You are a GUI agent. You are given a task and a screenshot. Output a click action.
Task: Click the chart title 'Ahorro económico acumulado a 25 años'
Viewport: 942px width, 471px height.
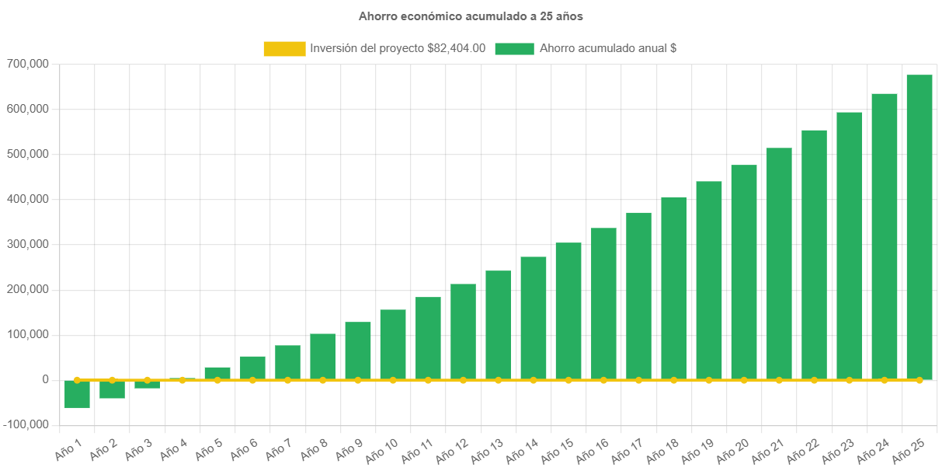pos(471,16)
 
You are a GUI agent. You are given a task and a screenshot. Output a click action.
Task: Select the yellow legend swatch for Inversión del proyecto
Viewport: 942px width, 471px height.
pos(284,49)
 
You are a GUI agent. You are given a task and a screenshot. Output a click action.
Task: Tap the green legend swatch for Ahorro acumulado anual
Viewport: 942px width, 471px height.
pos(514,49)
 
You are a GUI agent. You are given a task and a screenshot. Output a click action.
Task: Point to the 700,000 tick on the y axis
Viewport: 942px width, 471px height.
pos(27,64)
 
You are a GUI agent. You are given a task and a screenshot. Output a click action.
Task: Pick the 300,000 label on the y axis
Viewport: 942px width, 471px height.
pos(27,244)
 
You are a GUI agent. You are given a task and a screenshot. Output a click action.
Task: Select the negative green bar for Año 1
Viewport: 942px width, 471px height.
pos(77,394)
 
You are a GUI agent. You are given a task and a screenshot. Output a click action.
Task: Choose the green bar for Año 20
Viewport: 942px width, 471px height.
pos(744,272)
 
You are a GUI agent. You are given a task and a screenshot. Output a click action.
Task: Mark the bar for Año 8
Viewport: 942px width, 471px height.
pos(322,357)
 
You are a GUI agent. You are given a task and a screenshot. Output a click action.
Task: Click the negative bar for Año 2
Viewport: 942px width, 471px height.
pos(112,389)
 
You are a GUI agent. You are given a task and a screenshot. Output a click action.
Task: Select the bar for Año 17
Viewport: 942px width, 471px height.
pos(638,296)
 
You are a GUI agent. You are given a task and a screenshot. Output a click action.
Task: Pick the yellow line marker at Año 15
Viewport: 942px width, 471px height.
pos(568,380)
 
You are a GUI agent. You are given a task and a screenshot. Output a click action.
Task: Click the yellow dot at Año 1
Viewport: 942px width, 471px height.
pos(77,380)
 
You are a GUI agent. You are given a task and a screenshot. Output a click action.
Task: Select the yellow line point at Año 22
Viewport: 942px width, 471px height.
pos(814,380)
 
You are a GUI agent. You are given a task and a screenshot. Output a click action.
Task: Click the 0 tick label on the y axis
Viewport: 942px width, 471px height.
pos(46,380)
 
